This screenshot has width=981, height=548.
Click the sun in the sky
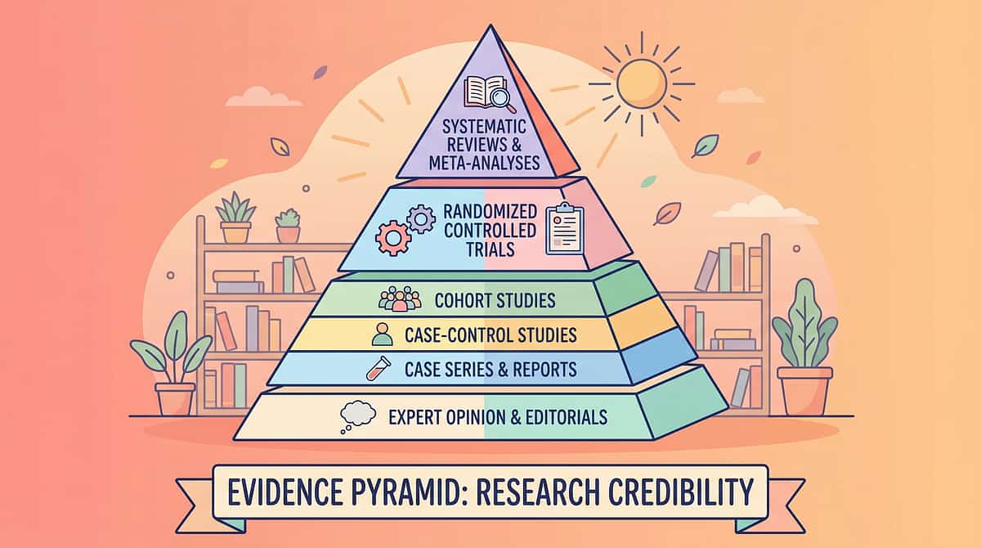(x=642, y=84)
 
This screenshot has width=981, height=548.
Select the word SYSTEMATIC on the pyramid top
(x=484, y=127)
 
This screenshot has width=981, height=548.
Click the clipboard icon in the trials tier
(x=565, y=229)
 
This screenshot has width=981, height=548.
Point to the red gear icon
(x=393, y=238)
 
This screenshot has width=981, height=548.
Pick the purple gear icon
(x=421, y=219)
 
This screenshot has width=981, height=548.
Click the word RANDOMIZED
(x=490, y=212)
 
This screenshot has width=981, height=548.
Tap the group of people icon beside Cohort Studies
(x=400, y=299)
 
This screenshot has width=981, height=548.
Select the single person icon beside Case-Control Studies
(x=382, y=335)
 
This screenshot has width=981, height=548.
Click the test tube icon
(x=378, y=368)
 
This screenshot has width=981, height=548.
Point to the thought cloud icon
(x=357, y=416)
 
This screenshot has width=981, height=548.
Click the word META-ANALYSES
(x=484, y=163)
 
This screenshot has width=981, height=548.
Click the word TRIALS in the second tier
(x=490, y=249)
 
